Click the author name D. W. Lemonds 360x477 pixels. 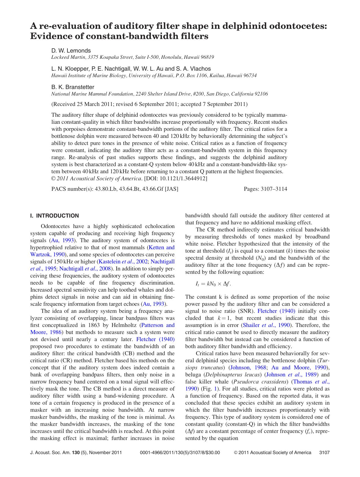pyautogui.click(x=71, y=51)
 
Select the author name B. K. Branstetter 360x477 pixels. pyautogui.click(x=73, y=87)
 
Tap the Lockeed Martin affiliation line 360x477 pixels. pyautogui.click(x=132, y=57)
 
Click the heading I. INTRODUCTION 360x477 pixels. pyautogui.click(x=54, y=216)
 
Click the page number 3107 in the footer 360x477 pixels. pyautogui.click(x=324, y=452)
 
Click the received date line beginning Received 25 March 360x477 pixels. pyautogui.click(x=149, y=104)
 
